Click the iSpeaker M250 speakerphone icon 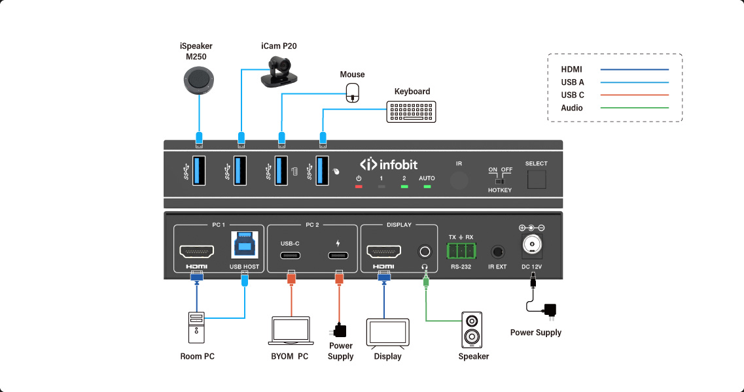tap(199, 81)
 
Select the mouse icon tap(353, 92)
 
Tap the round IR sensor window tap(459, 181)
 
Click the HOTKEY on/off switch tap(500, 181)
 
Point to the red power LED tap(359, 187)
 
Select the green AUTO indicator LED tap(427, 187)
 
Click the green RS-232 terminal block tap(461, 251)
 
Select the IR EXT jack tap(497, 252)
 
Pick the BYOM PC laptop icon tap(290, 331)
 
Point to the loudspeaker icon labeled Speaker tap(473, 329)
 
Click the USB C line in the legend tap(634, 95)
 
